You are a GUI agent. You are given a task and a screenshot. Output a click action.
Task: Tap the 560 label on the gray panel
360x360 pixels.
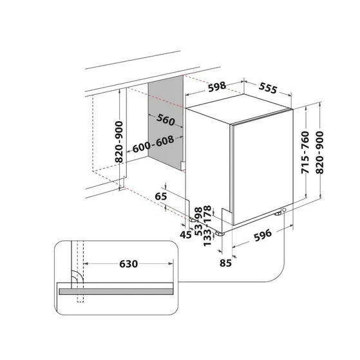click(x=166, y=120)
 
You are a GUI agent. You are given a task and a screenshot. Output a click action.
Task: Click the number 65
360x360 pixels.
click(x=162, y=196)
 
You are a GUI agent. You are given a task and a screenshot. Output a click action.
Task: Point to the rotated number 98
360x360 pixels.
click(x=198, y=211)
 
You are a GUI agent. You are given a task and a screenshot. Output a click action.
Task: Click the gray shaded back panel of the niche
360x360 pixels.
click(x=164, y=148)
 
